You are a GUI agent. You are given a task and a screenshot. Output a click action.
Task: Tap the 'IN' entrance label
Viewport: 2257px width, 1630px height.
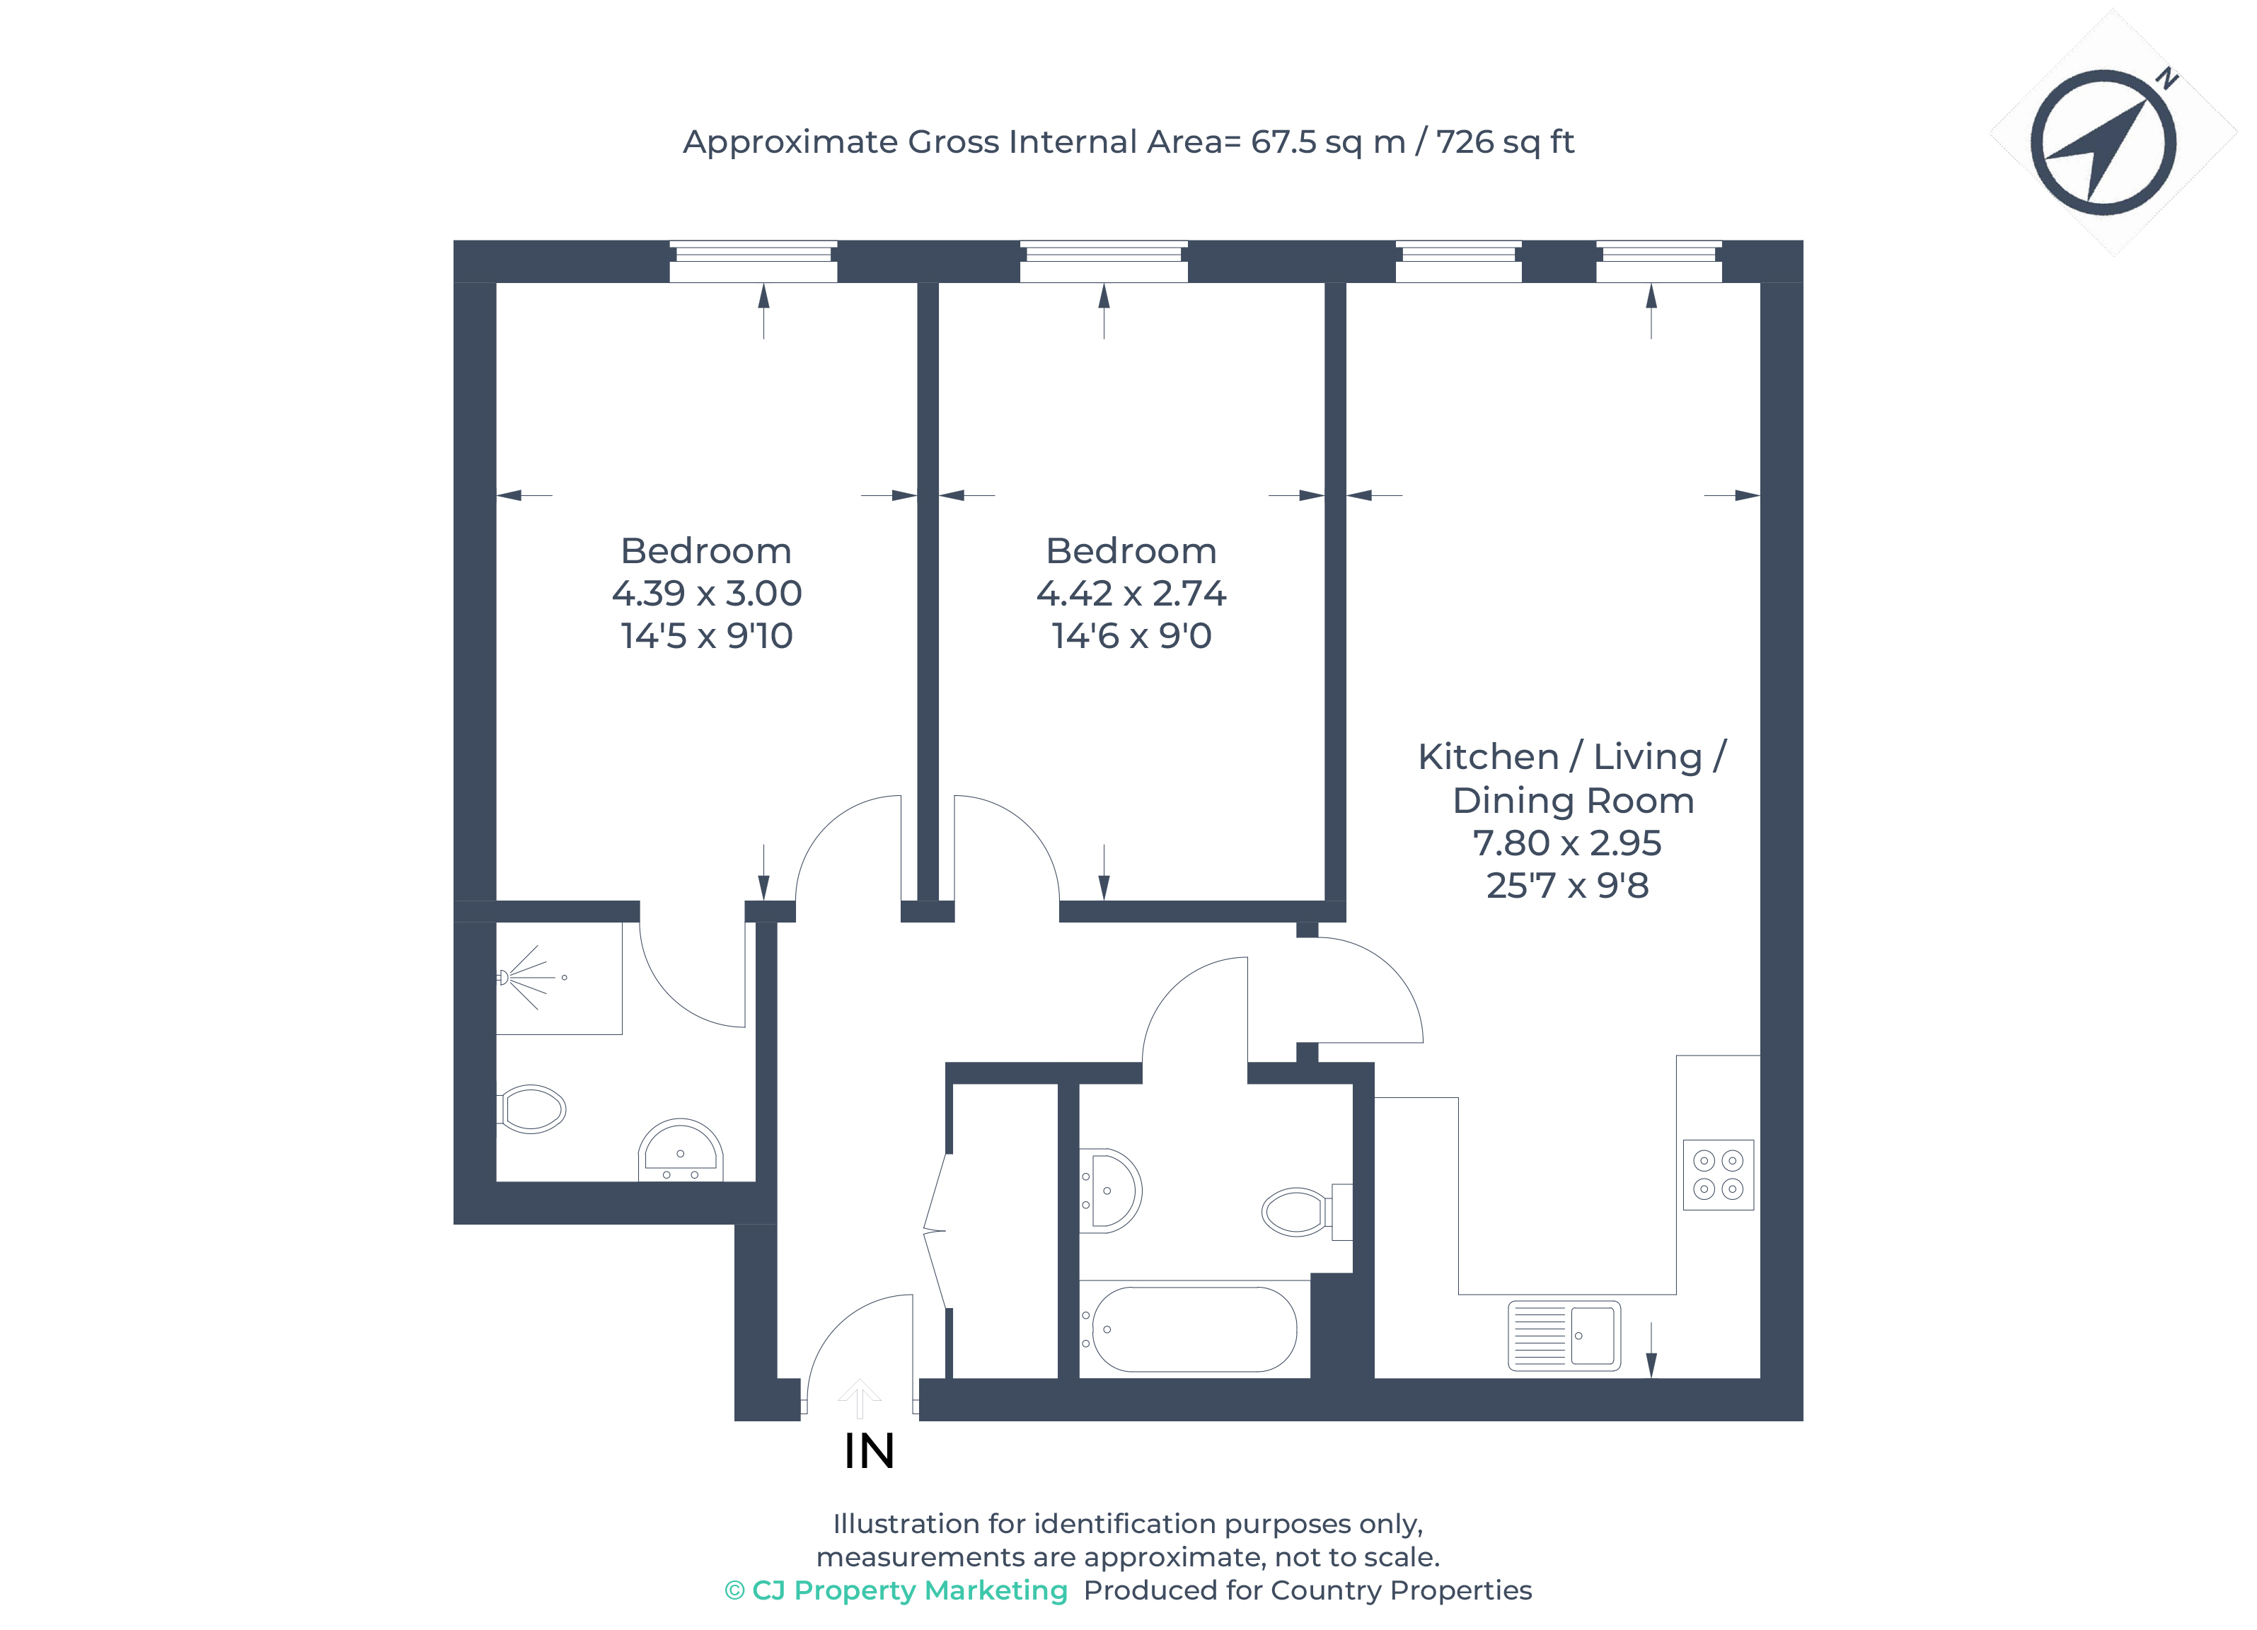[x=869, y=1451]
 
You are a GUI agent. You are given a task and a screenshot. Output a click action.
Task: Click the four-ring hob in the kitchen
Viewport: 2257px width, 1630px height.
[x=1718, y=1174]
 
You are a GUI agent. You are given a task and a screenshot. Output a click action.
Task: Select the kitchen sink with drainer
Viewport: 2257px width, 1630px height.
[x=1564, y=1336]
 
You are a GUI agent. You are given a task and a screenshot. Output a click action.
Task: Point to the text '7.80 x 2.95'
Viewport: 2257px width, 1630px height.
[x=1566, y=843]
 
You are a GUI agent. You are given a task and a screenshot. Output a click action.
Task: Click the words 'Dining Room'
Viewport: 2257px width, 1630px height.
[x=1572, y=800]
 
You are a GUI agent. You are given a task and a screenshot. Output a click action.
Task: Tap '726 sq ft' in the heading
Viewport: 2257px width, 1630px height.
[x=1505, y=142]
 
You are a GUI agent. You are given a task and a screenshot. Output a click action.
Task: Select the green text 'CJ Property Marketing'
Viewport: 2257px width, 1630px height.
[x=908, y=1590]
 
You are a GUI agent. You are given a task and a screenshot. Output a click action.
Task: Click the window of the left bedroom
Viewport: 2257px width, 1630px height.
[x=754, y=261]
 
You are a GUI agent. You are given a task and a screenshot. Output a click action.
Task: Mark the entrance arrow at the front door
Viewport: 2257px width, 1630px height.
[x=859, y=1398]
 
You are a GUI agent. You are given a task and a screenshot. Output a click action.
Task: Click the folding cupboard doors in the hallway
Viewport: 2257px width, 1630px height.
[x=935, y=1232]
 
